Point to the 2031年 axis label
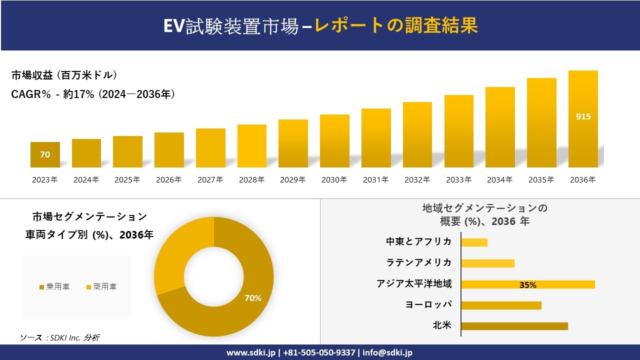(x=375, y=180)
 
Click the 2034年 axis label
(x=499, y=180)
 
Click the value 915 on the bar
(x=583, y=116)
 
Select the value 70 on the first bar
(x=45, y=155)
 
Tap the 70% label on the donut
(x=252, y=298)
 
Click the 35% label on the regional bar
(x=527, y=285)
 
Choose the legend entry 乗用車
(x=55, y=287)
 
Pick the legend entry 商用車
(x=102, y=287)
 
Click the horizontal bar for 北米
(x=514, y=326)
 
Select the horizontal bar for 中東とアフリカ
(x=474, y=242)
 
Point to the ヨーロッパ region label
(x=428, y=304)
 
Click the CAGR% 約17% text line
(x=93, y=94)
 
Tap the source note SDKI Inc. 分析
(x=60, y=338)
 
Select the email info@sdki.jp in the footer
(x=387, y=352)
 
